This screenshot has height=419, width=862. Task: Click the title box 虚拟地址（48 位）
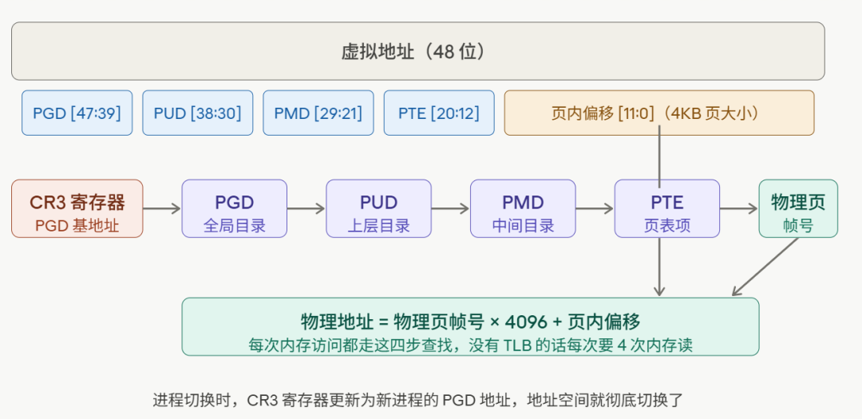(x=417, y=51)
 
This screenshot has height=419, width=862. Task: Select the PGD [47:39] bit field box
(x=77, y=113)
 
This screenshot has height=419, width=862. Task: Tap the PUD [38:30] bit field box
(x=197, y=113)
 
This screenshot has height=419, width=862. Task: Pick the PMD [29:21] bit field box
(x=318, y=113)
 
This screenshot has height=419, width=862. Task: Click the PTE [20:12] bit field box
(x=438, y=113)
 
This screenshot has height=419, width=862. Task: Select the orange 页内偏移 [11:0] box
(x=658, y=113)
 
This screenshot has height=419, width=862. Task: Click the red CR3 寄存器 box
(x=77, y=208)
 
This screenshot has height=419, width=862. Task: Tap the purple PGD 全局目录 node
(x=234, y=208)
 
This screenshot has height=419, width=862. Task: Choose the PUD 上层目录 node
(x=378, y=208)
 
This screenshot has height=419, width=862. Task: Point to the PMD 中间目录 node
(x=523, y=208)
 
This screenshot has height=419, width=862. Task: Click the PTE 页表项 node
(x=666, y=208)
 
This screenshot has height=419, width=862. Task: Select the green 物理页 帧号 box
(x=798, y=208)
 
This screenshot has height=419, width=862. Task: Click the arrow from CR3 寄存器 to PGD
(x=162, y=209)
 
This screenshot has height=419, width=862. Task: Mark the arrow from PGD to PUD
(x=306, y=209)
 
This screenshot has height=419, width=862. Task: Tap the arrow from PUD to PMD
(x=450, y=209)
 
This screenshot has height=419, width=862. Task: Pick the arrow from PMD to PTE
(x=595, y=209)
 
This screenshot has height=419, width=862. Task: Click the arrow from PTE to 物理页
(x=738, y=209)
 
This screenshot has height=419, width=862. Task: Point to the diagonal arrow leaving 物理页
(x=766, y=267)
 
